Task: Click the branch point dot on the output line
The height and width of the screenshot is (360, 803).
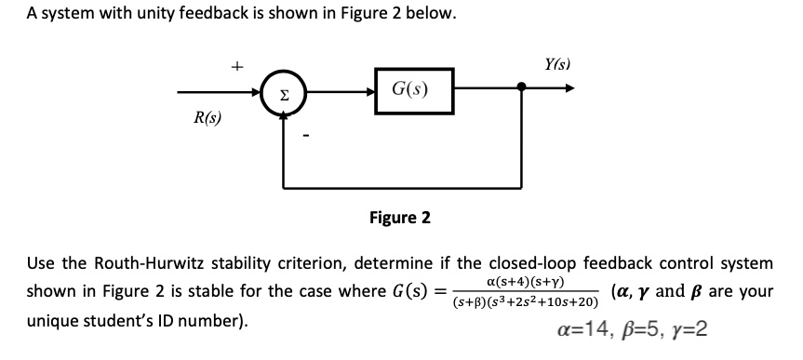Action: (522, 90)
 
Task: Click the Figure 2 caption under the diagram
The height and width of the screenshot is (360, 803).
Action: (399, 219)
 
